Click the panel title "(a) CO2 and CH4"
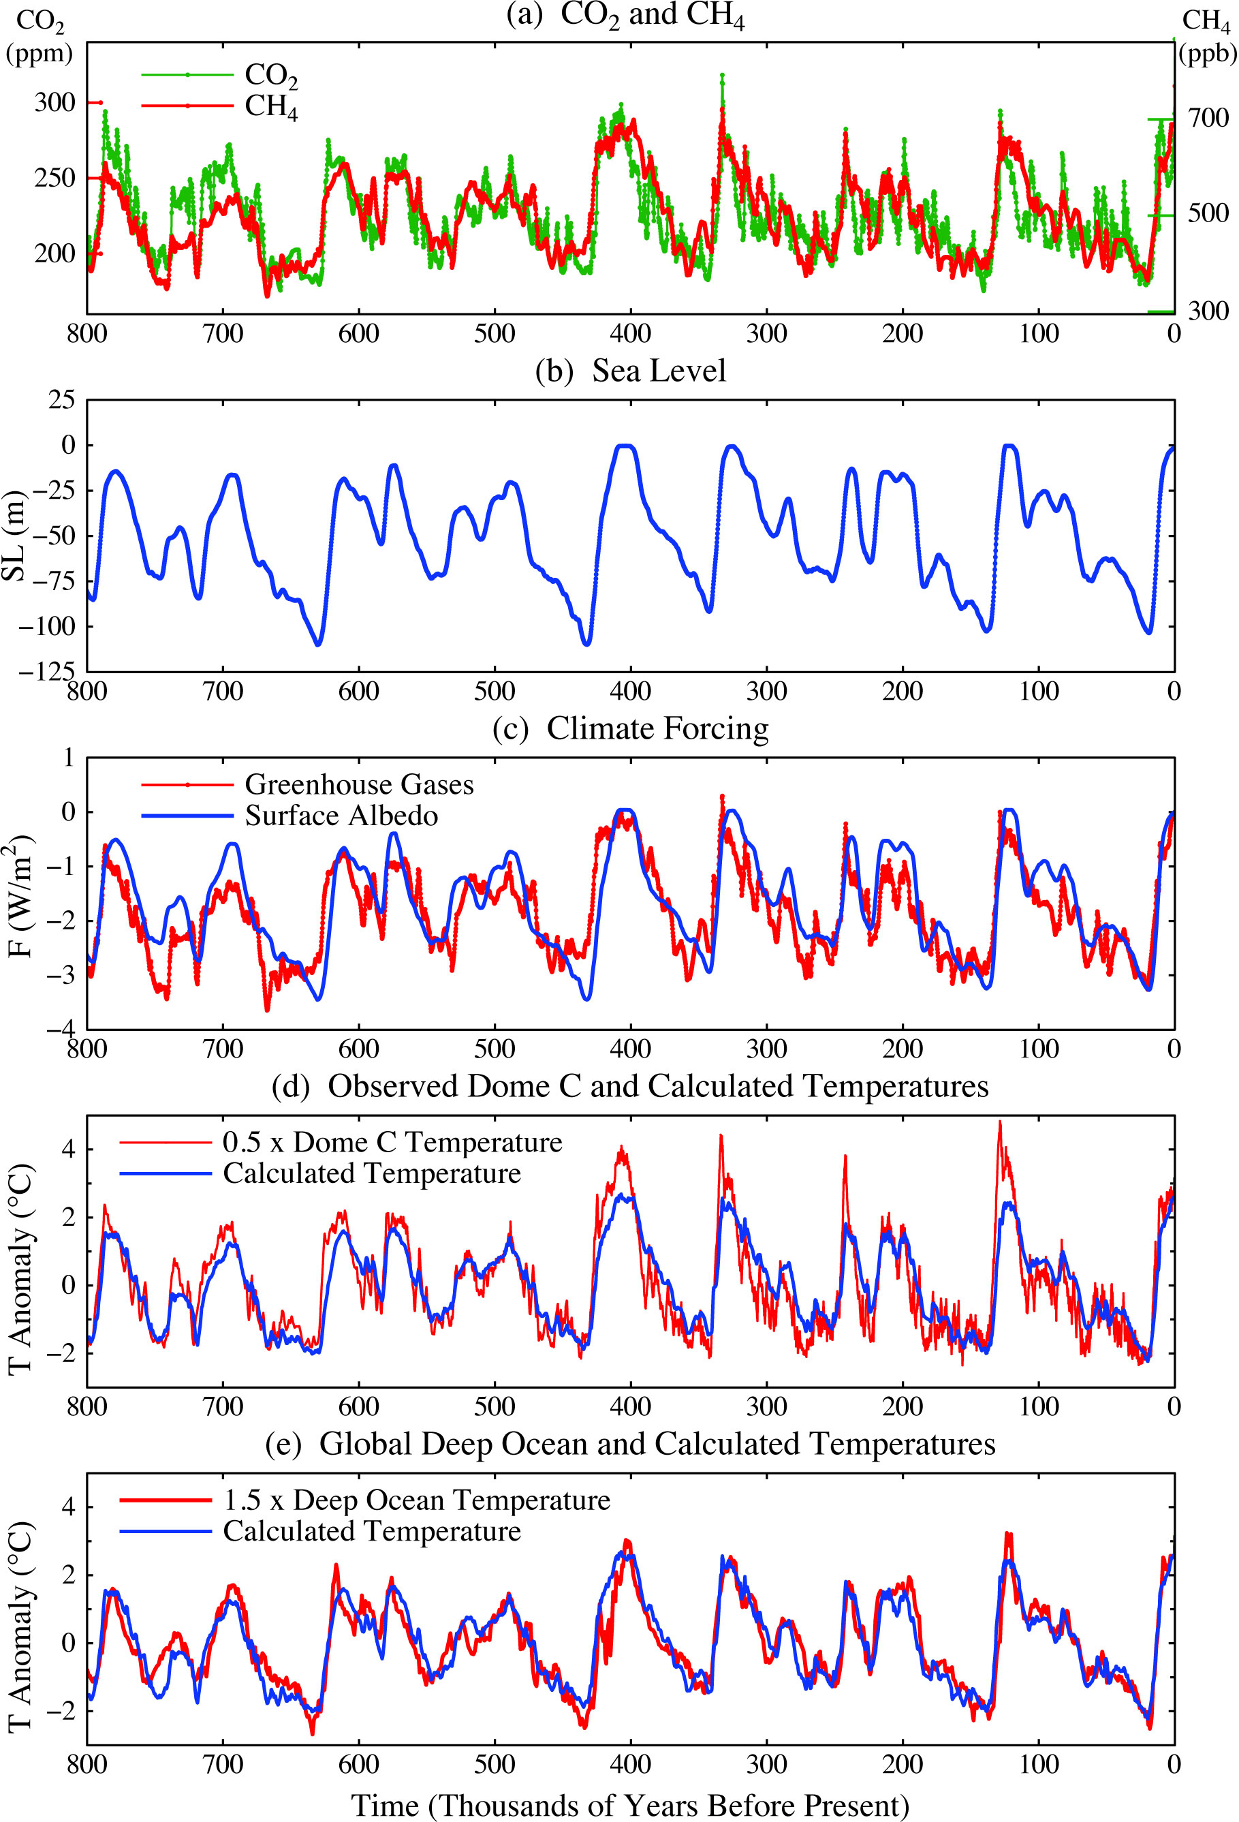(x=625, y=16)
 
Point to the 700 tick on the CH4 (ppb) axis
(x=1208, y=119)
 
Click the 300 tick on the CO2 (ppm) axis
(x=55, y=103)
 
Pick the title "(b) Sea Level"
(x=630, y=371)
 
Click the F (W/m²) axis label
(x=19, y=896)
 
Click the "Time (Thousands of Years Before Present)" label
(x=630, y=1805)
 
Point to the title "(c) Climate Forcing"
(x=630, y=728)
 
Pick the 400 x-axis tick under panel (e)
(x=630, y=1764)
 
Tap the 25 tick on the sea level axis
(x=63, y=400)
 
